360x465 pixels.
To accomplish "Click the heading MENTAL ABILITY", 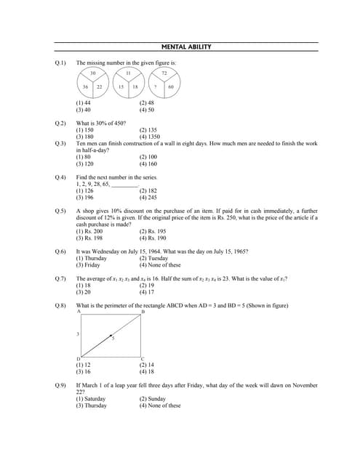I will (x=186, y=47).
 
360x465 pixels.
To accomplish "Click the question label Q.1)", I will (x=60, y=63).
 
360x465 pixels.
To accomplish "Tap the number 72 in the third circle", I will (x=164, y=74).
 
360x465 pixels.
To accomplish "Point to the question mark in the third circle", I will (x=159, y=87).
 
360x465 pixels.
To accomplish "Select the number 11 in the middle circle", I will (x=128, y=74).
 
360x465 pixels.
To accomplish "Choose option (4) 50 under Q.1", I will (x=147, y=110).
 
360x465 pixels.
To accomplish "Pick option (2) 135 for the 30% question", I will (x=148, y=130).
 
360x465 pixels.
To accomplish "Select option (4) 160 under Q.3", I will (x=148, y=164).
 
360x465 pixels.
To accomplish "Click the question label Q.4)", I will (x=60, y=177).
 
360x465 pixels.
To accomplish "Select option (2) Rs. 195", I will (x=151, y=231).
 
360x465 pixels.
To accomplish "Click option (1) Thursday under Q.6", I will (x=92, y=258).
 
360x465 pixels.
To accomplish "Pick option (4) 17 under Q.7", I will (x=147, y=293).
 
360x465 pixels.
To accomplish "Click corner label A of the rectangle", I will (x=78, y=312).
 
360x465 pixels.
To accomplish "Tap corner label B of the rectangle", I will (x=143, y=312).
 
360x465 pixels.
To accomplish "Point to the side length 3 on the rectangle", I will (x=78, y=334).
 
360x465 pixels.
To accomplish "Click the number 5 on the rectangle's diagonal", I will (x=113, y=339).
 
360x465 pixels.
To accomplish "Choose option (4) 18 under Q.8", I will (x=147, y=371).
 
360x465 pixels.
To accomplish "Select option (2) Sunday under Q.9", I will (x=153, y=399).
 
